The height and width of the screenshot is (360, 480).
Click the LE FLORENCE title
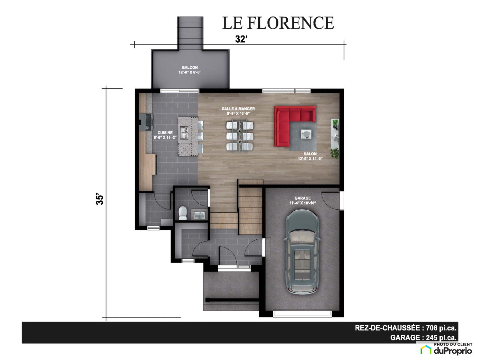[x=278, y=23]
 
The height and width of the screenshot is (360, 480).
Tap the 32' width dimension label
[x=241, y=39]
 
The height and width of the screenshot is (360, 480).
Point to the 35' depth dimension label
[x=100, y=199]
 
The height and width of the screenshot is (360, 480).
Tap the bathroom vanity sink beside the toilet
[x=199, y=214]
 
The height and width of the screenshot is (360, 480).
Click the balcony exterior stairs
[x=190, y=33]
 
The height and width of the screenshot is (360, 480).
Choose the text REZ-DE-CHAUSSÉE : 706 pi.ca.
[x=406, y=328]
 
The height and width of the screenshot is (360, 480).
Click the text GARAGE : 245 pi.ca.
[x=423, y=337]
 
